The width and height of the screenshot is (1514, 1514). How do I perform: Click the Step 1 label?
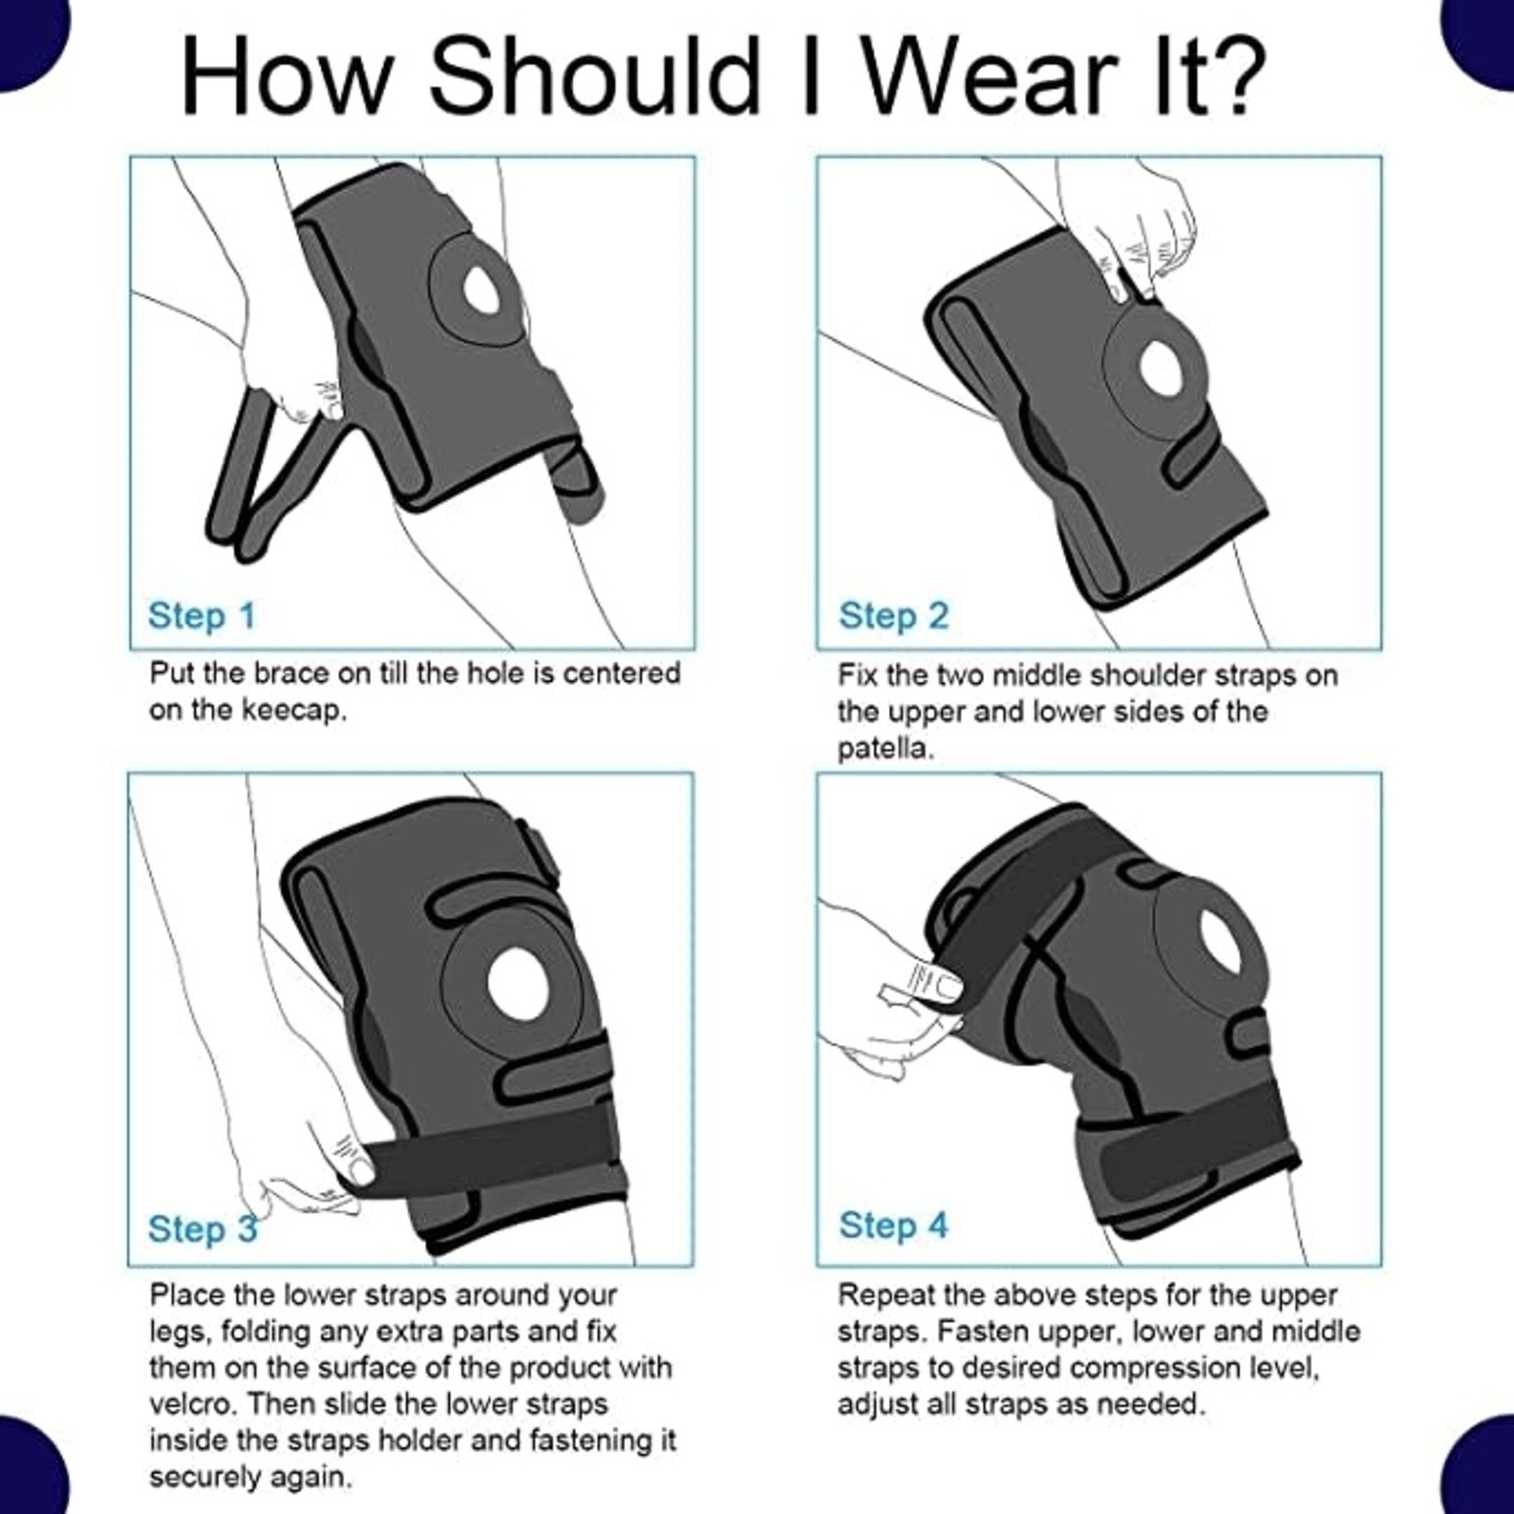(202, 615)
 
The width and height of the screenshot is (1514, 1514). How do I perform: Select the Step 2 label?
(894, 616)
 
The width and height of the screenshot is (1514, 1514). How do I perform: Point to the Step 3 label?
(203, 1229)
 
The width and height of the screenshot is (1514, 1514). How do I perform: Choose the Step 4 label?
(894, 1225)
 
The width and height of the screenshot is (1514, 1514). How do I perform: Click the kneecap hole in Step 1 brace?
(482, 290)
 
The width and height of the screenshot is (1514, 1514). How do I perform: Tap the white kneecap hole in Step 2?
(1161, 369)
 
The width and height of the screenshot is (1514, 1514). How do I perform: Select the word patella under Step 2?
(886, 749)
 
